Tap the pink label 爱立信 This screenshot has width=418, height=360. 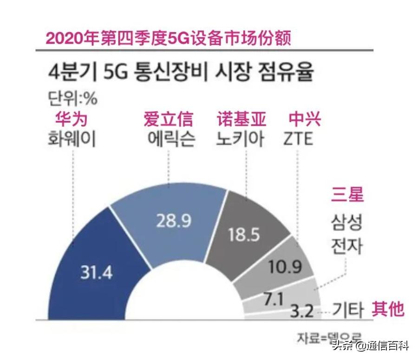[168, 119]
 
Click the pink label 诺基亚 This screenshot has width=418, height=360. [242, 119]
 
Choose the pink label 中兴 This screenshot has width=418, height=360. [305, 119]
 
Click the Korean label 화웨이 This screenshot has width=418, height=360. [72, 139]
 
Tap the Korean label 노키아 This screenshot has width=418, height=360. [242, 139]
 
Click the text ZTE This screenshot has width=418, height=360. [298, 139]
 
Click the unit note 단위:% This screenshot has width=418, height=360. [72, 99]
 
